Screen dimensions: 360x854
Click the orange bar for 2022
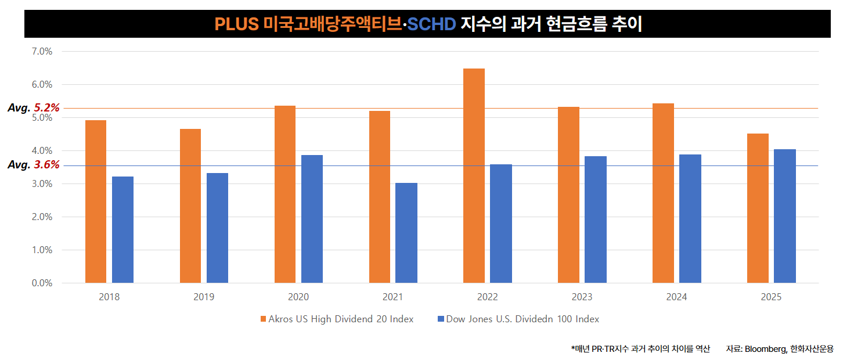coord(474,176)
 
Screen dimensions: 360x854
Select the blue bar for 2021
coord(406,233)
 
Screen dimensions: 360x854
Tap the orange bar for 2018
coord(96,201)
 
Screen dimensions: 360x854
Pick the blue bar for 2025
coord(785,216)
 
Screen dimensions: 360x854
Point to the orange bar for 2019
coord(190,206)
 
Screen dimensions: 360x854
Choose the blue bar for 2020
coord(312,219)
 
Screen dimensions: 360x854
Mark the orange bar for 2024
coord(663,193)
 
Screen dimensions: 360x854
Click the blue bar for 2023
coord(596,219)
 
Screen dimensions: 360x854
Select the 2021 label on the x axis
coord(393,297)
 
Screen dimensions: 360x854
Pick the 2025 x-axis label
coord(772,297)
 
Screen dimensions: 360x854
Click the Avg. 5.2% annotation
coord(34,108)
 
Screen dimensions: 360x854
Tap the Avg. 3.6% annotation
coord(34,165)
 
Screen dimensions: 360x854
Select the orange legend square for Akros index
coord(264,319)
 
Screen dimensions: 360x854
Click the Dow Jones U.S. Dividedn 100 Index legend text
coord(523,319)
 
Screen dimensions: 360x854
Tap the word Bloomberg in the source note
coord(765,349)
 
